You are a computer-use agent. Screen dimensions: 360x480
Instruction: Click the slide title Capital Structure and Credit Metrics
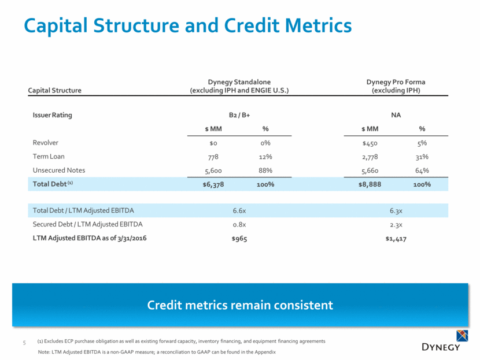187,25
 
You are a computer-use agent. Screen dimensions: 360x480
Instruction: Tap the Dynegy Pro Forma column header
396,86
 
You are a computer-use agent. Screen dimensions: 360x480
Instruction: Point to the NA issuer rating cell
396,115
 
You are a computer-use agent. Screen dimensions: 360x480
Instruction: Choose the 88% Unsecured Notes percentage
265,170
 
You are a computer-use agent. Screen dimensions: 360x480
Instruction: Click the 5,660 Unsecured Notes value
368,170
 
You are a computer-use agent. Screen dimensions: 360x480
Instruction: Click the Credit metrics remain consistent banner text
239,304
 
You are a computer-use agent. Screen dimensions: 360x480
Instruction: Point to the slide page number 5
24,342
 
